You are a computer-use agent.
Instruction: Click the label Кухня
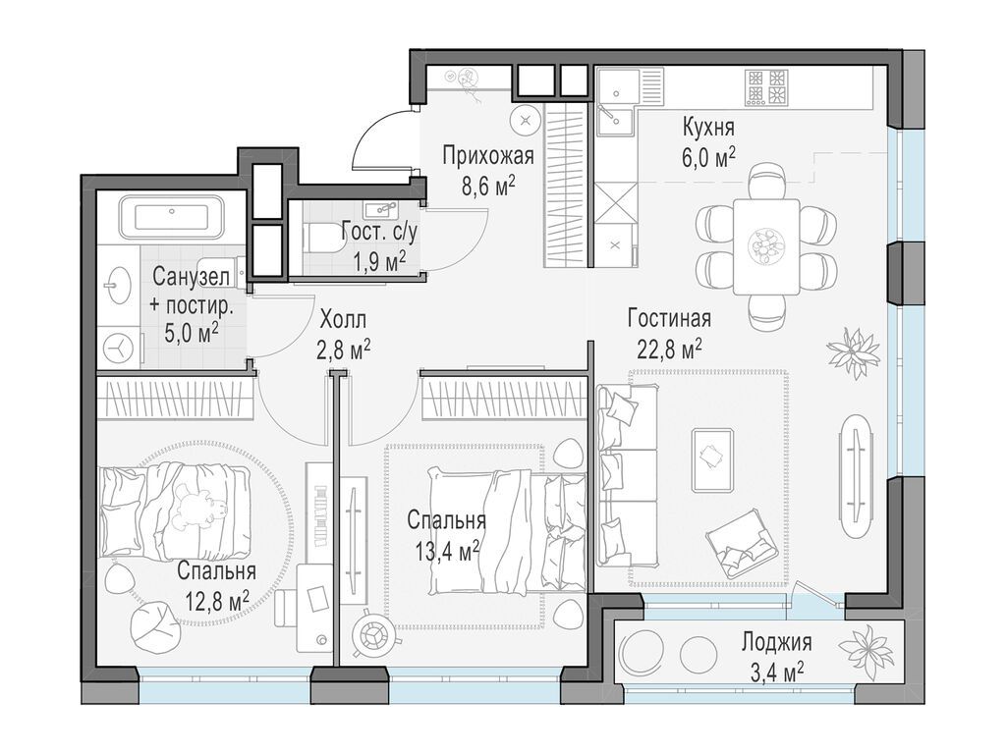click(x=708, y=128)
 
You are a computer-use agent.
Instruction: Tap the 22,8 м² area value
click(x=669, y=350)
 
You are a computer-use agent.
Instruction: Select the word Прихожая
click(x=488, y=155)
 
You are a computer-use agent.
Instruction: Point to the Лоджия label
click(x=777, y=642)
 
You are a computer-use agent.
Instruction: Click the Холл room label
click(x=343, y=319)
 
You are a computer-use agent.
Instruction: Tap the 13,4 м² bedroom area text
click(x=448, y=551)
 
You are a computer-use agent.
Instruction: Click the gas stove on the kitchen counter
click(x=765, y=87)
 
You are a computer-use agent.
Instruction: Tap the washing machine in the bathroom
click(x=119, y=349)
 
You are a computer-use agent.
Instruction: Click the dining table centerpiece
click(x=766, y=244)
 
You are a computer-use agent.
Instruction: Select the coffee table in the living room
click(x=712, y=459)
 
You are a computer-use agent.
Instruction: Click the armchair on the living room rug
click(x=743, y=544)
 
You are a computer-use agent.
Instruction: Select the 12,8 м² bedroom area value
click(x=216, y=601)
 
